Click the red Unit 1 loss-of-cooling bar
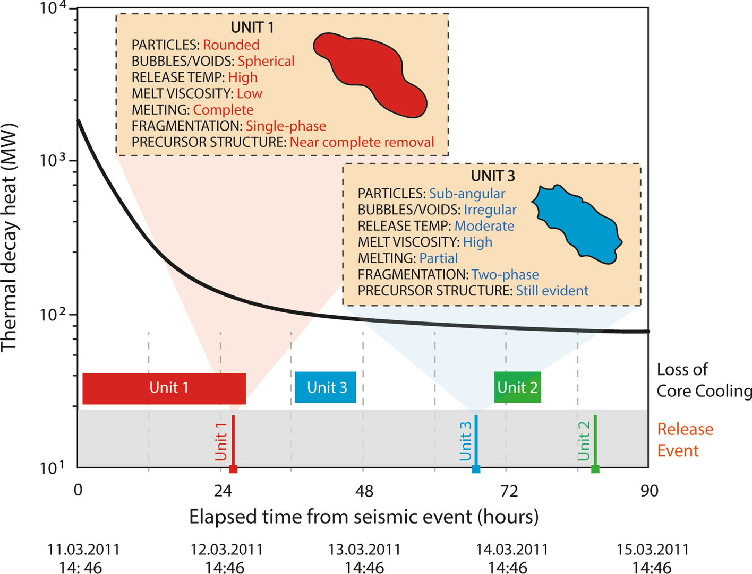[164, 388]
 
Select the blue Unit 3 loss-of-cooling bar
[325, 388]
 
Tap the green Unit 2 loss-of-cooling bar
[517, 388]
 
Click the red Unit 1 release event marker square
[233, 469]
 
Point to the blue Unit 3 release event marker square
[476, 469]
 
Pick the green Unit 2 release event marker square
[595, 469]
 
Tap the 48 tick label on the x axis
[364, 491]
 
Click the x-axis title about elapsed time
[364, 516]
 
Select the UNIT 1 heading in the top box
[252, 28]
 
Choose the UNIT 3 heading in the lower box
[493, 176]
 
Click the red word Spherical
[266, 62]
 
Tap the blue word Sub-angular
[467, 194]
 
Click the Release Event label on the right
[685, 440]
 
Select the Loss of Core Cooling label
[701, 380]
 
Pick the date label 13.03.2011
[364, 550]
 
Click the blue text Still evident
[552, 291]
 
